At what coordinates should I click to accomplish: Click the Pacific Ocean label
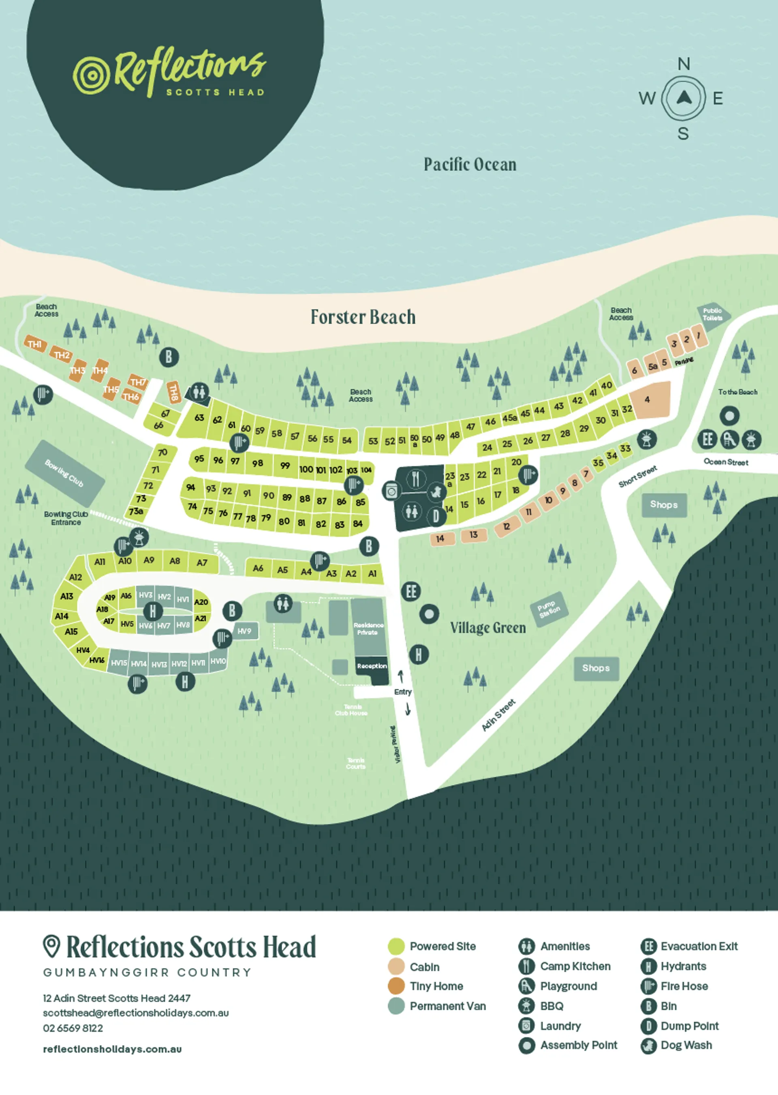470,164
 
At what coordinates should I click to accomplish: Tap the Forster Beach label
363,317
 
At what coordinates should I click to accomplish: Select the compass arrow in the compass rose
683,98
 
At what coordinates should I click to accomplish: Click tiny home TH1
35,344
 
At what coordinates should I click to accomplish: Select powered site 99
285,465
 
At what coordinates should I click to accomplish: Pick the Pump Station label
549,609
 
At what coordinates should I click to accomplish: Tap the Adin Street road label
498,715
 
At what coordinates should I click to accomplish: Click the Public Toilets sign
712,314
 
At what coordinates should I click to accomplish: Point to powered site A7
202,563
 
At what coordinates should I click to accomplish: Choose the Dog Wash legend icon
648,1046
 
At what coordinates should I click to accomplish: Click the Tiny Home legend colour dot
396,986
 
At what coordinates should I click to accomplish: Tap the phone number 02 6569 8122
73,1028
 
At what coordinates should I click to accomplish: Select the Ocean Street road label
725,462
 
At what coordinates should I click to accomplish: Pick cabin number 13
473,535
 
